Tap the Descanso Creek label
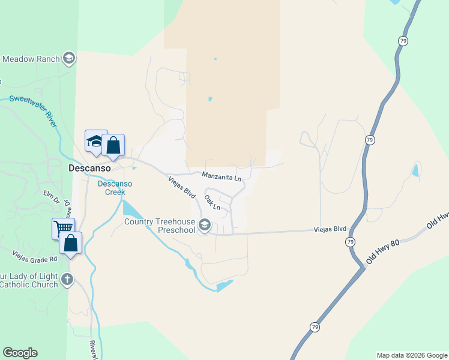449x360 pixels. click(x=111, y=188)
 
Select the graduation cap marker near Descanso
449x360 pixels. click(x=95, y=142)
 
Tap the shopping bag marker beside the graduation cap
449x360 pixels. click(x=113, y=145)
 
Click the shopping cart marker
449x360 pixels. click(x=62, y=228)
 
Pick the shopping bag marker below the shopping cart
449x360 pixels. click(x=71, y=244)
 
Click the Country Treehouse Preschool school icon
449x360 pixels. click(x=205, y=226)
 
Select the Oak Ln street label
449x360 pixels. click(x=212, y=202)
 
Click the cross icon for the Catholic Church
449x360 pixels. click(x=67, y=279)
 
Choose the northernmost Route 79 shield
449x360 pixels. click(x=402, y=40)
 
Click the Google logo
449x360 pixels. click(x=20, y=353)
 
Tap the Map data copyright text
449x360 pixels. click(x=412, y=355)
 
